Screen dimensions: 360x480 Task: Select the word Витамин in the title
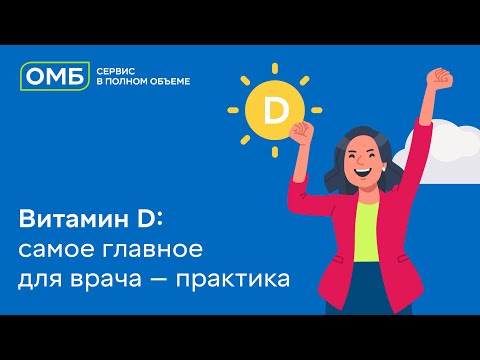click(64, 218)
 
